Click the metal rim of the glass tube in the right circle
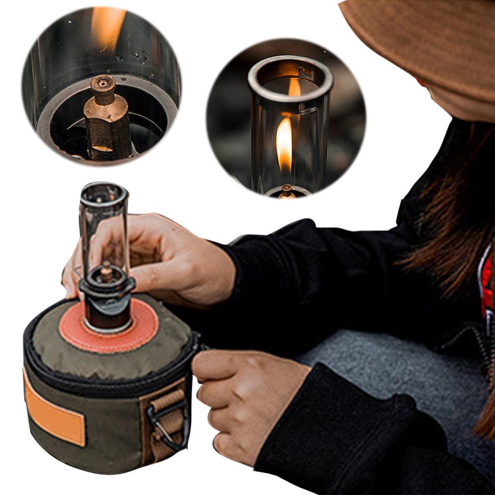tap(291, 69)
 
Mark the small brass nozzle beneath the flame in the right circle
tap(286, 190)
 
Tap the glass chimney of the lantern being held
tap(104, 218)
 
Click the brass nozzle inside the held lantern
tap(106, 272)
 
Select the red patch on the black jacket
tap(488, 287)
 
